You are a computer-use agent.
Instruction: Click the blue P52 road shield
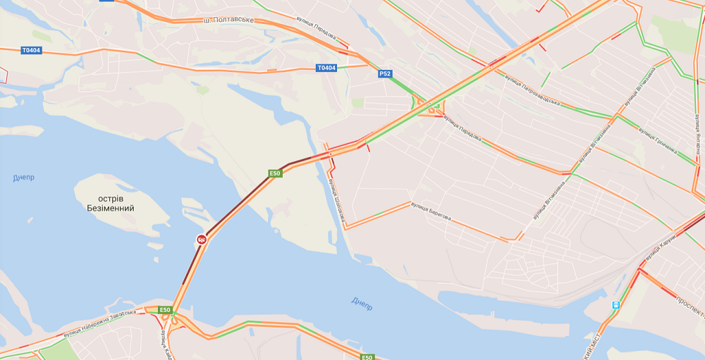385,73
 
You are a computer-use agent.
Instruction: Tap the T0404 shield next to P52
326,68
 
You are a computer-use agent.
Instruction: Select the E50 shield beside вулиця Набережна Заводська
165,310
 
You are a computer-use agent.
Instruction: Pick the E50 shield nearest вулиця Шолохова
275,173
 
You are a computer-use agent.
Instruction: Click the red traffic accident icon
202,240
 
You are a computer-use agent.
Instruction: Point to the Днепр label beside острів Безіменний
23,178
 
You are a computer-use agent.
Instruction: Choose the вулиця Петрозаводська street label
532,89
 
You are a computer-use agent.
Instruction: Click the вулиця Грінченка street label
657,140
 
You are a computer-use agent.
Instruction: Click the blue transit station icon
617,304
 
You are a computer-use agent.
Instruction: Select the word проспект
690,306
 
